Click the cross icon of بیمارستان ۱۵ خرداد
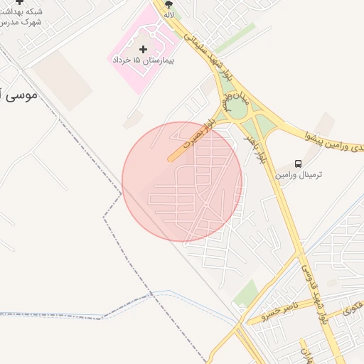[x=144, y=49]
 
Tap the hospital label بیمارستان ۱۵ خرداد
[x=144, y=60]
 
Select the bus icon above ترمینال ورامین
[x=298, y=163]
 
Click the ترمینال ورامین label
[x=299, y=174]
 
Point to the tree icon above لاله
[x=168, y=4]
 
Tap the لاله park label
[x=168, y=14]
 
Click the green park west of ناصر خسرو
[x=246, y=292]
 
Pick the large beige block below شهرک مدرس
[x=63, y=80]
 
